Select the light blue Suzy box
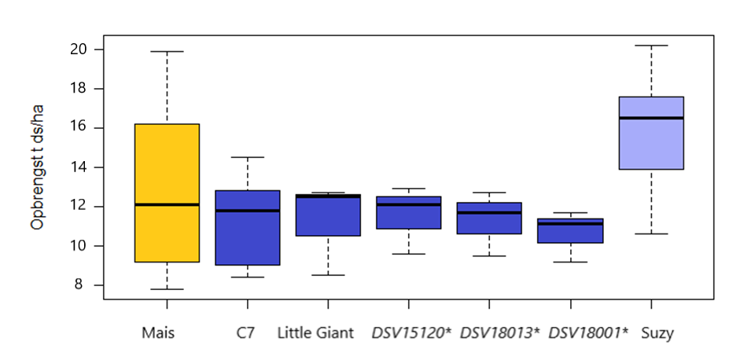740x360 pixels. pos(650,145)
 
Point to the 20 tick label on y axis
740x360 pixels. pos(78,50)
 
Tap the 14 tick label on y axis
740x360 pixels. pos(78,167)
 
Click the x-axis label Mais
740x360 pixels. pos(159,332)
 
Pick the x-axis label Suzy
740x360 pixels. pos(657,332)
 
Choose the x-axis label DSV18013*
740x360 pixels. pos(499,332)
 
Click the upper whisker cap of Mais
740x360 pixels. pos(167,51)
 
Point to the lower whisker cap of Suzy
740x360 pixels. pos(650,233)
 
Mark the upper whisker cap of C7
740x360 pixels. pos(248,157)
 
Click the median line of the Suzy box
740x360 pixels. pos(650,118)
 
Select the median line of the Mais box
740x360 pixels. pos(167,204)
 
